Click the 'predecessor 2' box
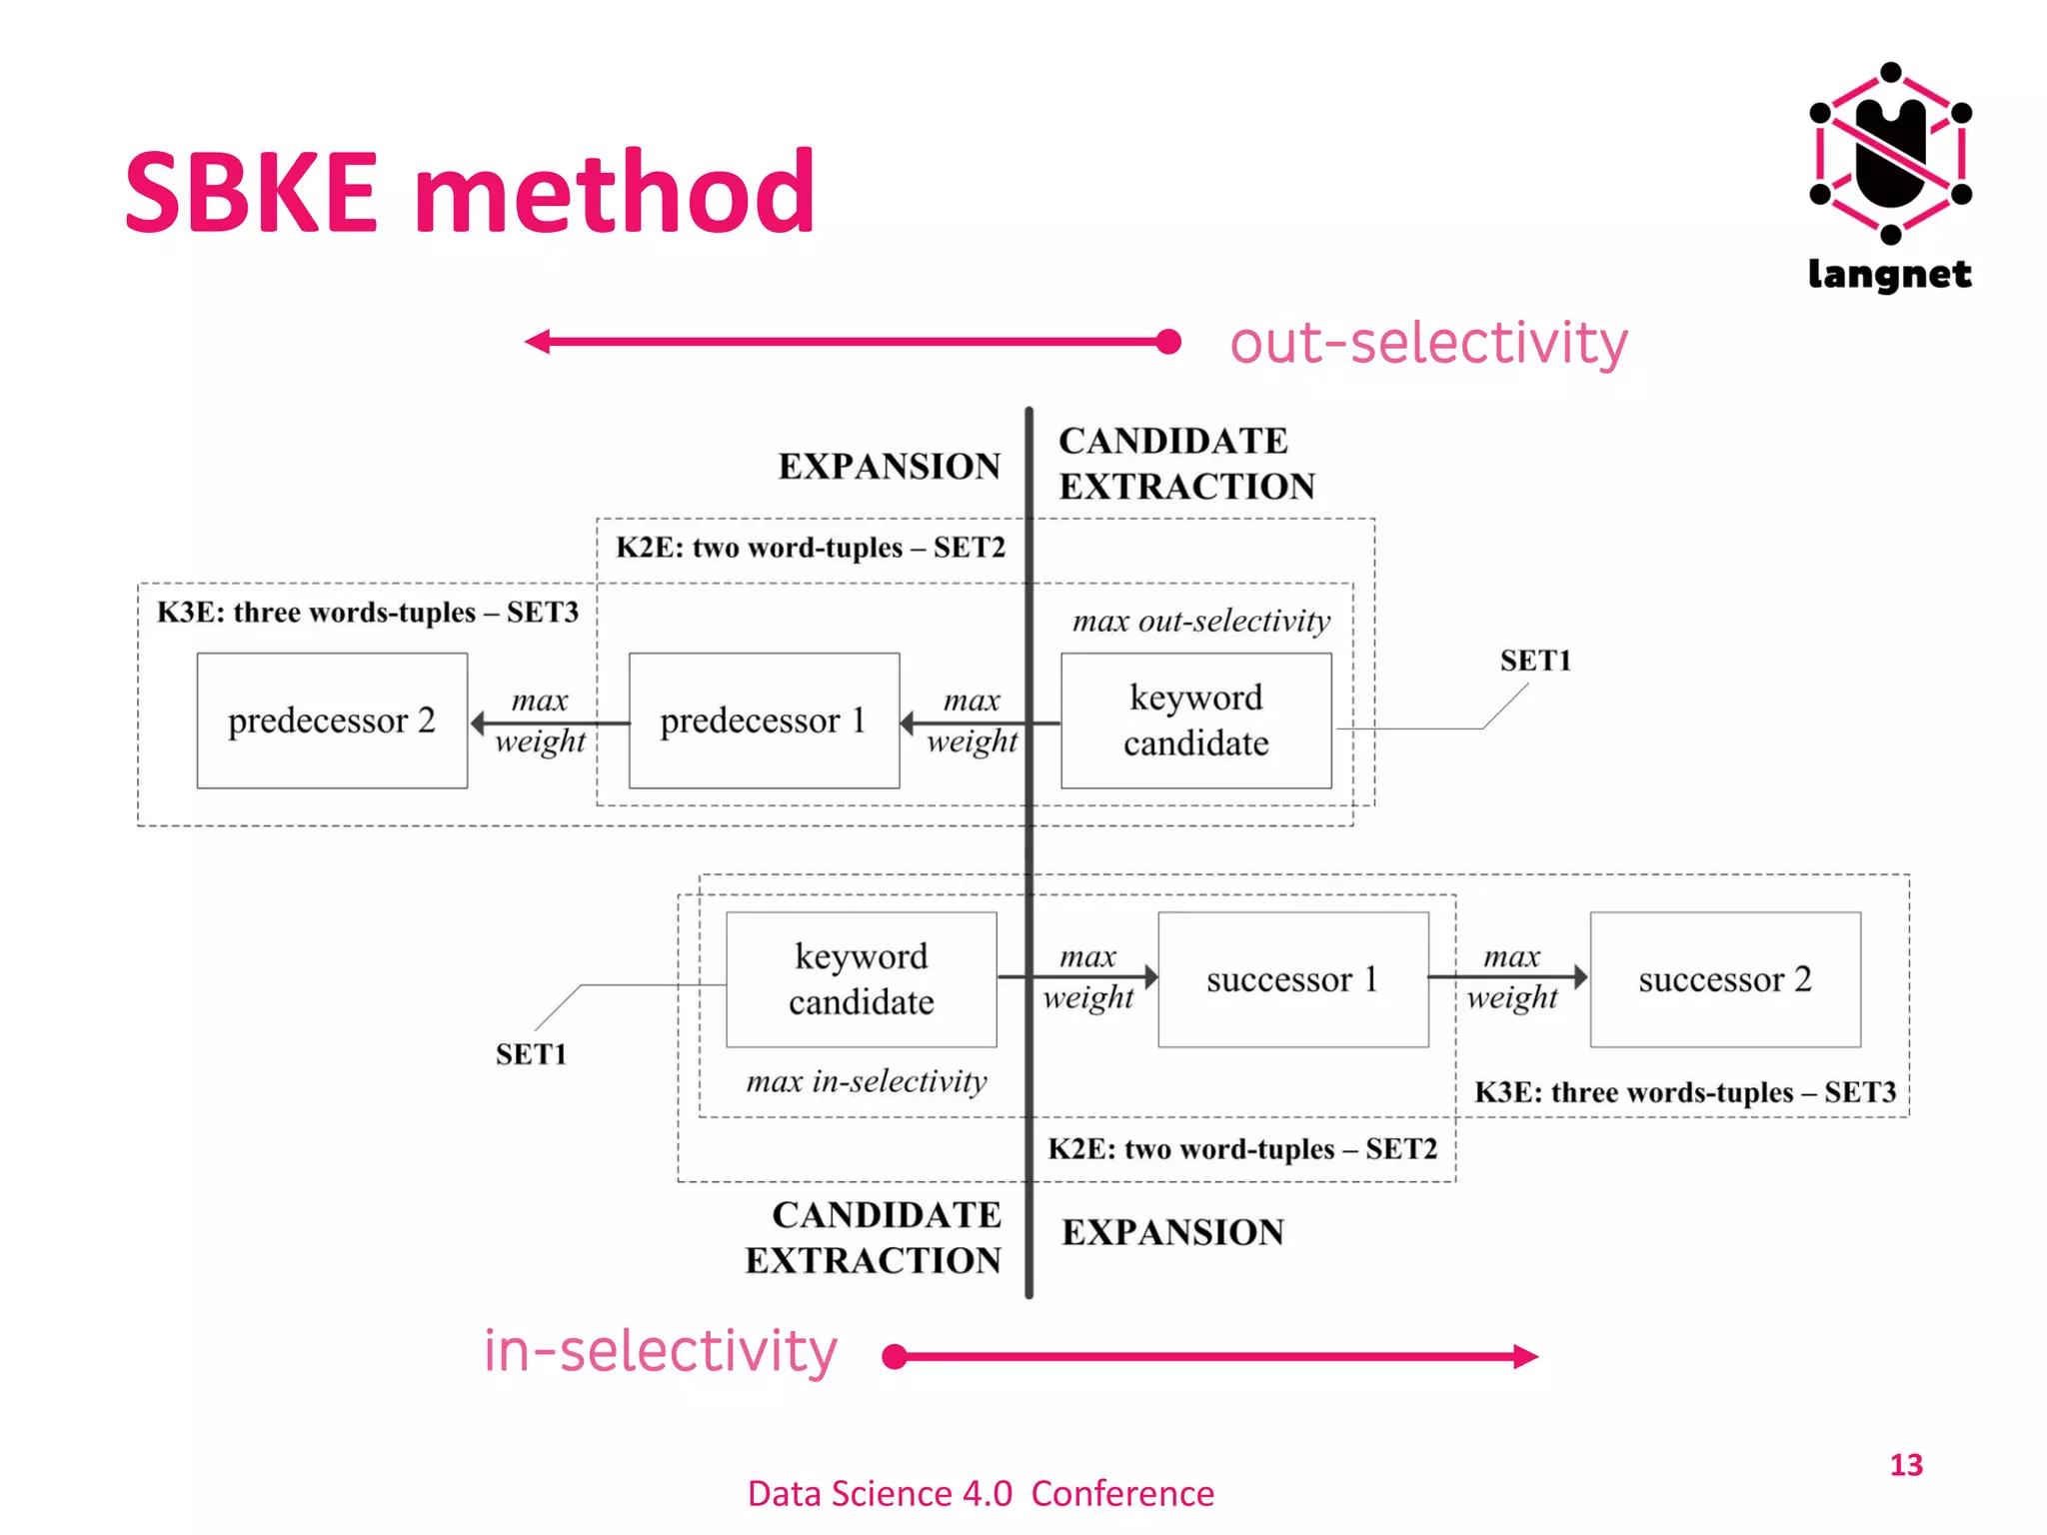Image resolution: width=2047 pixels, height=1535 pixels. pyautogui.click(x=332, y=721)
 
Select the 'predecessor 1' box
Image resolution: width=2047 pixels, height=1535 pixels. pyautogui.click(x=764, y=721)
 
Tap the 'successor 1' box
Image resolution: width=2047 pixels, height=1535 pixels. pyautogui.click(x=1292, y=979)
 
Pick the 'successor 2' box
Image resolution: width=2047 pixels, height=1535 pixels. pyautogui.click(x=1725, y=979)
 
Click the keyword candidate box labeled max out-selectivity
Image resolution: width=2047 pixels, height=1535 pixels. pyautogui.click(x=1195, y=721)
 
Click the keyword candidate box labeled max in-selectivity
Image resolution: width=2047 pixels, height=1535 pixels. pyautogui.click(x=861, y=979)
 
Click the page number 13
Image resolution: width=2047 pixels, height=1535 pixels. pyautogui.click(x=1905, y=1465)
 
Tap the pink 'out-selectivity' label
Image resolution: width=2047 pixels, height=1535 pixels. pyautogui.click(x=1428, y=343)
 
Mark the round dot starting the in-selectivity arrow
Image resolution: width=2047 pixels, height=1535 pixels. pyautogui.click(x=895, y=1356)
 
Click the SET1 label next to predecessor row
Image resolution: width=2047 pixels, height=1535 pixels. pyautogui.click(x=1535, y=661)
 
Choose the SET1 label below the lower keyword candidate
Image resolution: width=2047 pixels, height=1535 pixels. pyautogui.click(x=531, y=1054)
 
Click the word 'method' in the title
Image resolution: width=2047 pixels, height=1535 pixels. pyautogui.click(x=615, y=192)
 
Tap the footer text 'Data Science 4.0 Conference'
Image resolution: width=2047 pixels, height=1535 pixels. pyautogui.click(x=981, y=1493)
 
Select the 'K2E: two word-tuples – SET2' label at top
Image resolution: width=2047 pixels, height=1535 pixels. pyautogui.click(x=810, y=548)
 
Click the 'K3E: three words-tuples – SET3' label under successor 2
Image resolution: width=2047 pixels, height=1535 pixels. pyautogui.click(x=1684, y=1092)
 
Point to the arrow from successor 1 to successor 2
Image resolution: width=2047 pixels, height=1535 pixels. pyautogui.click(x=1509, y=976)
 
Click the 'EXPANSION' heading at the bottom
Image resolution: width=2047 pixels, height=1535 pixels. pyautogui.click(x=1172, y=1232)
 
